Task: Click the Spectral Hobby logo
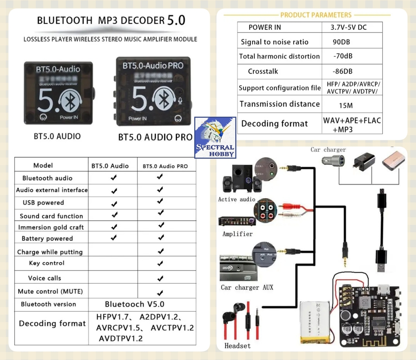point(215,138)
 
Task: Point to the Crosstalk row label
point(263,71)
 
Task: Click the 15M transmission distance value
point(345,106)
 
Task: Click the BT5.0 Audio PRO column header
point(165,166)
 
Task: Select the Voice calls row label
point(45,278)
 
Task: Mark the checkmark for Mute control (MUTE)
point(160,292)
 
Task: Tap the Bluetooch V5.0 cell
point(134,304)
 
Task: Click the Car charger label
point(328,150)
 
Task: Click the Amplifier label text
point(237,234)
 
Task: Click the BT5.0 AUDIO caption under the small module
point(57,136)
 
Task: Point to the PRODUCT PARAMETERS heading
point(316,15)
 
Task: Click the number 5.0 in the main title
point(176,20)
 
